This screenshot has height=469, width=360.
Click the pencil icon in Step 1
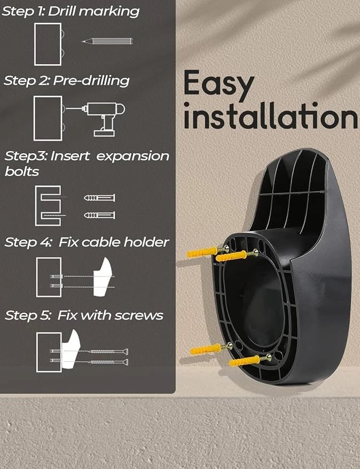(107, 41)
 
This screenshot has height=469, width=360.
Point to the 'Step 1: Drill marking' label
(71, 11)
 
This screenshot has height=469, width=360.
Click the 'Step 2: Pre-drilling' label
(66, 81)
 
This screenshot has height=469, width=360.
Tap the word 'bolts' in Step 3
(22, 171)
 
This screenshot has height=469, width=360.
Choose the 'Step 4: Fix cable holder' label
(87, 242)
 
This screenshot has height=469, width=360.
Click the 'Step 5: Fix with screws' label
(84, 315)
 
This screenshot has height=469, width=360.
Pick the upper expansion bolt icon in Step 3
(99, 198)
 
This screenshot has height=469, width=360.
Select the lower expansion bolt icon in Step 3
(99, 215)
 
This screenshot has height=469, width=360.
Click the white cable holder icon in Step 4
(103, 277)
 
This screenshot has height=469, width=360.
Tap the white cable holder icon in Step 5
(71, 349)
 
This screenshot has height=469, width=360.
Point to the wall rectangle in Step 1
(48, 44)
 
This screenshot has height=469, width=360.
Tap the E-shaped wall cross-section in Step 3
(48, 206)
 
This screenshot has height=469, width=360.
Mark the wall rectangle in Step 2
(48, 118)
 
